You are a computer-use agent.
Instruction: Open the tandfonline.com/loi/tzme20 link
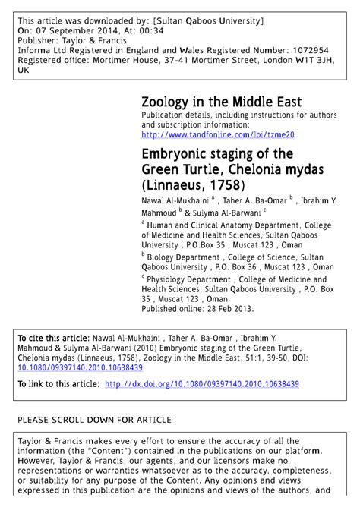click(217, 134)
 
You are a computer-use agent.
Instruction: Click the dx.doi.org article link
click(201, 384)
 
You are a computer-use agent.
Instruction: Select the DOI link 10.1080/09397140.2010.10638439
click(80, 367)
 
